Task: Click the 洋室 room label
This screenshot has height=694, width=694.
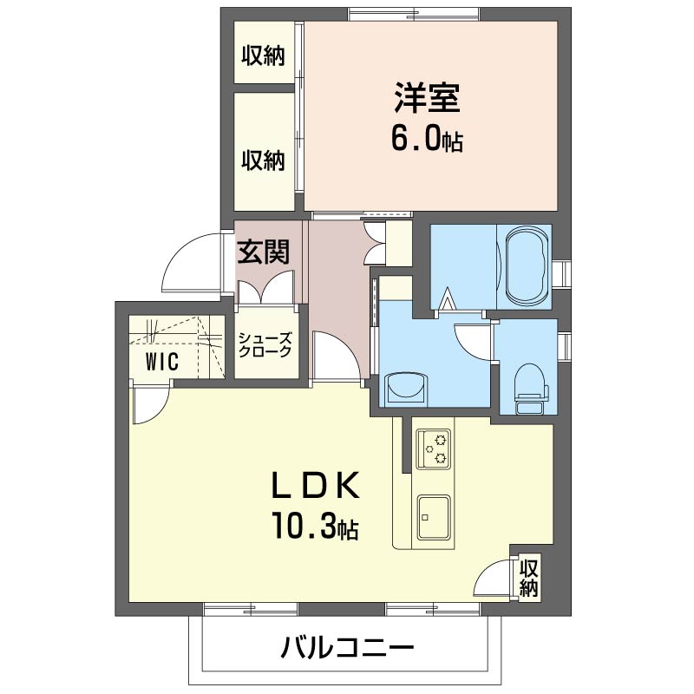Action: pos(427,97)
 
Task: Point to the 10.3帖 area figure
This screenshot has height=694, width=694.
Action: pos(316,526)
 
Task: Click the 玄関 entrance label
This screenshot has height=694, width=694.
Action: pos(264,252)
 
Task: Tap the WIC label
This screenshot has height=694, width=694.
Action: pos(162,361)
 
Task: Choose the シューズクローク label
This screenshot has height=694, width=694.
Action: pos(265,344)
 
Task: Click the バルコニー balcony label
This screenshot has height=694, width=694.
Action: pos(348,649)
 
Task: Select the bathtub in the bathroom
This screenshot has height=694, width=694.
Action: pos(525,267)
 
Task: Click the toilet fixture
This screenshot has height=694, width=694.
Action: pos(531,388)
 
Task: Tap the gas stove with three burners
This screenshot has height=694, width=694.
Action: pos(434,448)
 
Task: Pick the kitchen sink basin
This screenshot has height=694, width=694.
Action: pos(435,516)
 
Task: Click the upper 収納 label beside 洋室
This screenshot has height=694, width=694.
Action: pos(263,56)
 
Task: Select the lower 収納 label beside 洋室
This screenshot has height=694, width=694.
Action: pos(263,160)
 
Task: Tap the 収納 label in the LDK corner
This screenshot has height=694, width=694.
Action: pos(529,578)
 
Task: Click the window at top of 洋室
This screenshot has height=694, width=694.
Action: pos(414,14)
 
